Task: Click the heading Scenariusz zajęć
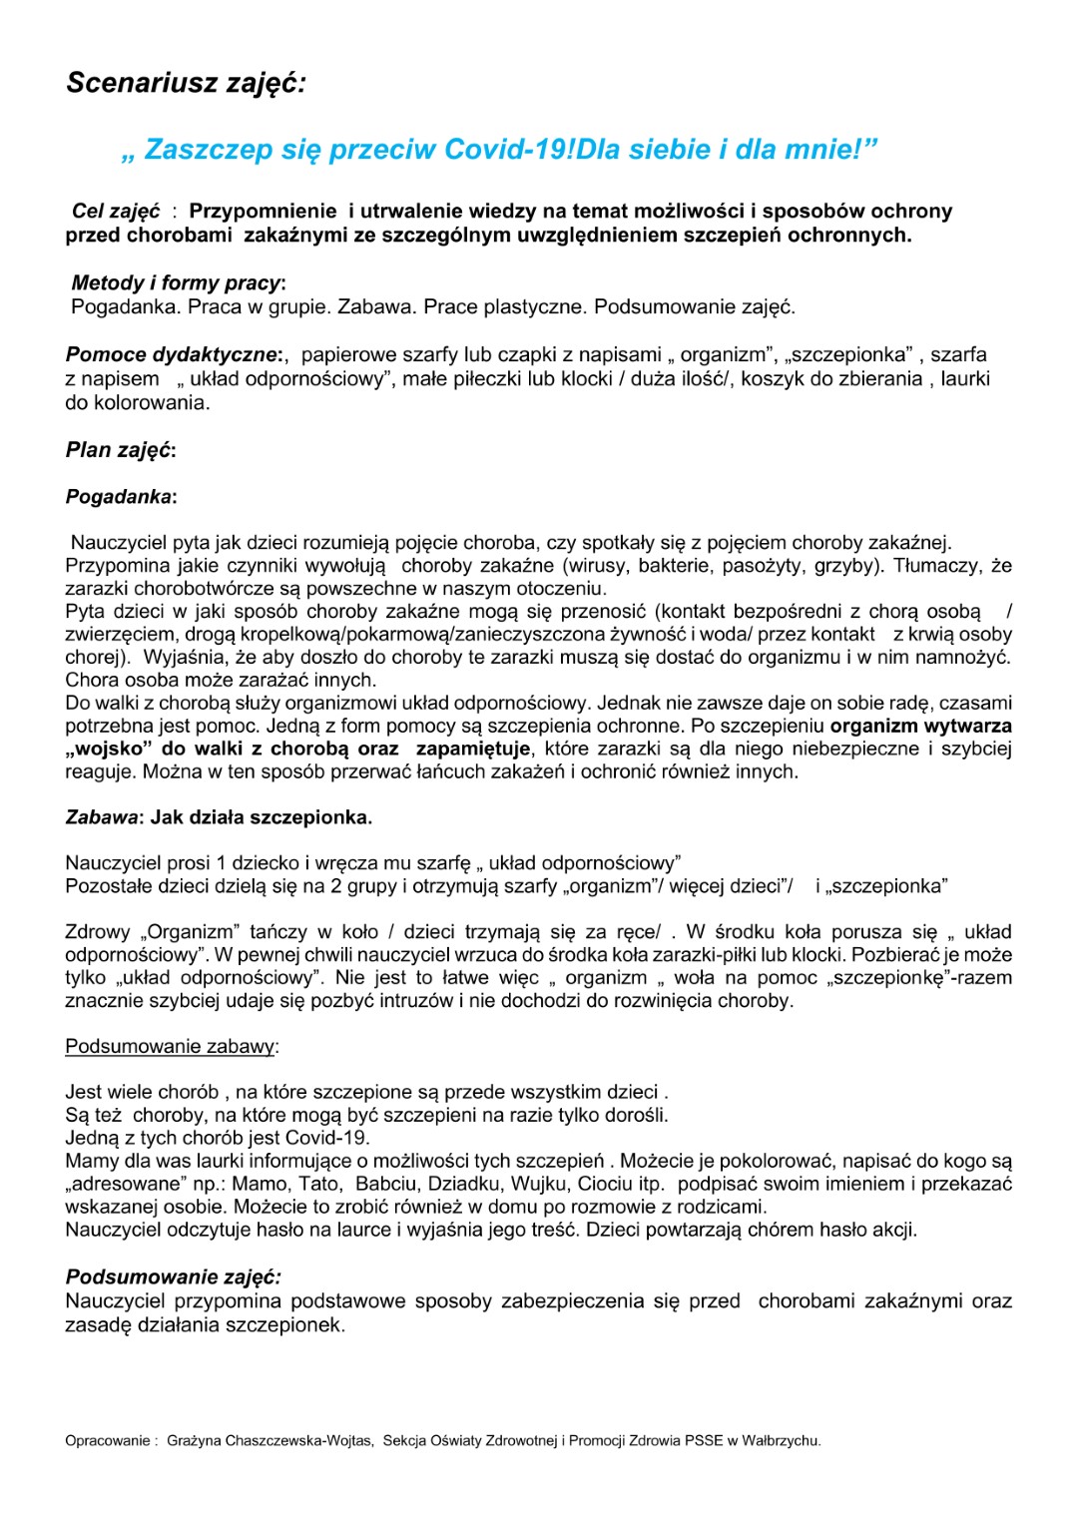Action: coord(186,83)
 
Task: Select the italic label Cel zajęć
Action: coord(116,212)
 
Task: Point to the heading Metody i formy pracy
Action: coord(178,283)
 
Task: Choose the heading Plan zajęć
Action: coord(120,450)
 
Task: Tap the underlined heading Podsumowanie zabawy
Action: coord(171,1047)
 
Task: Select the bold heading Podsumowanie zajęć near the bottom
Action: coord(173,1277)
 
